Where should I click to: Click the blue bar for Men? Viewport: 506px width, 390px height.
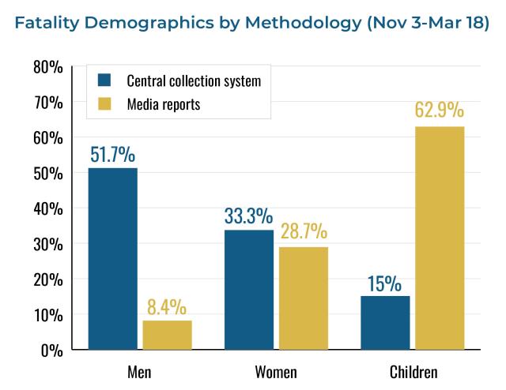point(112,258)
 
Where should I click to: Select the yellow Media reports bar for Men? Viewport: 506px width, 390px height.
point(167,335)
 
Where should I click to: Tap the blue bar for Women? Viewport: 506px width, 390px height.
point(249,290)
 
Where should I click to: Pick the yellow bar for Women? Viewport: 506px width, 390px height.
point(303,298)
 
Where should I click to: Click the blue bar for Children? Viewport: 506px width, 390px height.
point(385,322)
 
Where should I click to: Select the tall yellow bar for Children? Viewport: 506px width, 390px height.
point(440,238)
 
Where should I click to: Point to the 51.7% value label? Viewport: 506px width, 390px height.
point(112,154)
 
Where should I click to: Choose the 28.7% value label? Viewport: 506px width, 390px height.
point(303,233)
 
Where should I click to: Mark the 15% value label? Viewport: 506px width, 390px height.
point(385,283)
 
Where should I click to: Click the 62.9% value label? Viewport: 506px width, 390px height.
point(440,110)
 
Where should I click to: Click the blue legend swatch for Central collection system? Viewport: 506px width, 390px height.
point(104,80)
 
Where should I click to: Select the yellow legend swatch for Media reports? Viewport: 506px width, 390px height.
point(104,103)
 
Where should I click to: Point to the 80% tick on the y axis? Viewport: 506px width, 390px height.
point(48,67)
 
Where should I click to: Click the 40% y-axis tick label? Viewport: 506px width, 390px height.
point(48,208)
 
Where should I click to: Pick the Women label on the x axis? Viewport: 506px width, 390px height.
point(276,371)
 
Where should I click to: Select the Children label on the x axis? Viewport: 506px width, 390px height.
point(413,371)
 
